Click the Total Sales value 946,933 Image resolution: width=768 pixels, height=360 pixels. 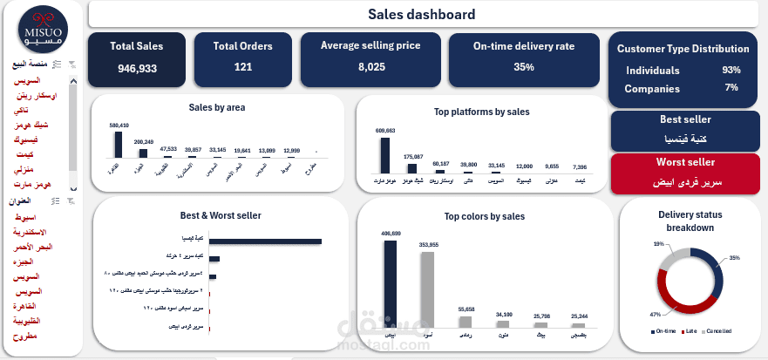coord(137,68)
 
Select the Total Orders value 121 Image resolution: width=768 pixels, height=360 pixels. coord(242,67)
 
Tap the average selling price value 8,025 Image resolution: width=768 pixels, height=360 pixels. coord(371,67)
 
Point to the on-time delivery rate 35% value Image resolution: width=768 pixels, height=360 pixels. coord(523,67)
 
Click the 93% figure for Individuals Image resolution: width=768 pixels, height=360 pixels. coord(731,70)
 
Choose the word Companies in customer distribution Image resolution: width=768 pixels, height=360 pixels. coord(652,87)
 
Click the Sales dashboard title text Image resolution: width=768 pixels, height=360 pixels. coord(422,14)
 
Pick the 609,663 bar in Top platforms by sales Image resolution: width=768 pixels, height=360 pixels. coord(385,155)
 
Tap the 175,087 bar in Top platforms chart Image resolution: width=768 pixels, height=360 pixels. coord(412,168)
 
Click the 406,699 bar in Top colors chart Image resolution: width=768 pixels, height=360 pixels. coord(391,284)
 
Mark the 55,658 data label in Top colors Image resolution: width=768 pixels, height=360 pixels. coord(466,309)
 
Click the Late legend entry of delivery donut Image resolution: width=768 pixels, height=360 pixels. coord(690,331)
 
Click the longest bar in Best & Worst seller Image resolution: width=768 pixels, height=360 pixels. coord(266,241)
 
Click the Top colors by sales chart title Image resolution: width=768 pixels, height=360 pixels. coord(484,216)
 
